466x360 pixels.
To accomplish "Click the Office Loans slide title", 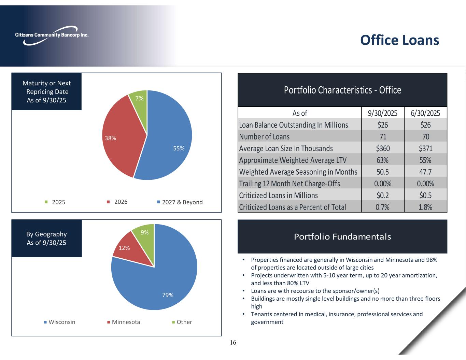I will [399, 40].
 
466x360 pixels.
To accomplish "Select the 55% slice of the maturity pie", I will [167, 143].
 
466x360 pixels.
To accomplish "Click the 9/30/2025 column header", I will [382, 113].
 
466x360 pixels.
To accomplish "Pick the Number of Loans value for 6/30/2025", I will [425, 136].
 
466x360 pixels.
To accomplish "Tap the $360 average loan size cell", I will [382, 148].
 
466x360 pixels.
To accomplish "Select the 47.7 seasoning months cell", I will [425, 172].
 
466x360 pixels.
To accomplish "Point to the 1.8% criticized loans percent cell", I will [425, 207].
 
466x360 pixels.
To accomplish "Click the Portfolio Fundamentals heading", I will [342, 236].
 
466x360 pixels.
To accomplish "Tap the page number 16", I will [233, 343].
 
